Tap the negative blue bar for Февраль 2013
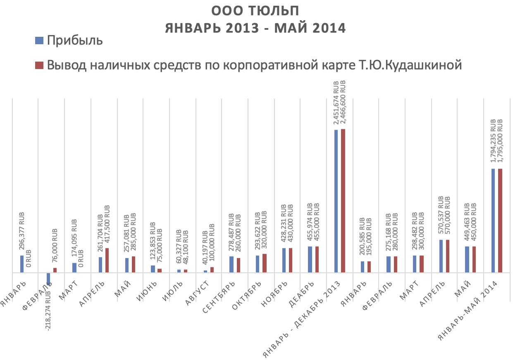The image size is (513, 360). click(48, 279)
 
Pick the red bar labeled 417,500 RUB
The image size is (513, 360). click(107, 260)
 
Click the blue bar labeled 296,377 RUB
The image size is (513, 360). click(22, 264)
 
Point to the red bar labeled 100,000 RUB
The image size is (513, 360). click(212, 269)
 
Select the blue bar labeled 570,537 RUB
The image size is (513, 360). click(441, 256)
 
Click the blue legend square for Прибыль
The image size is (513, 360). click(39, 40)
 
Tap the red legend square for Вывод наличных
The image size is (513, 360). click(39, 65)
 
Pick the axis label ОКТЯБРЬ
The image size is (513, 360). click(248, 295)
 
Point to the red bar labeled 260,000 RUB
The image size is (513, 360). click(239, 265)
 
